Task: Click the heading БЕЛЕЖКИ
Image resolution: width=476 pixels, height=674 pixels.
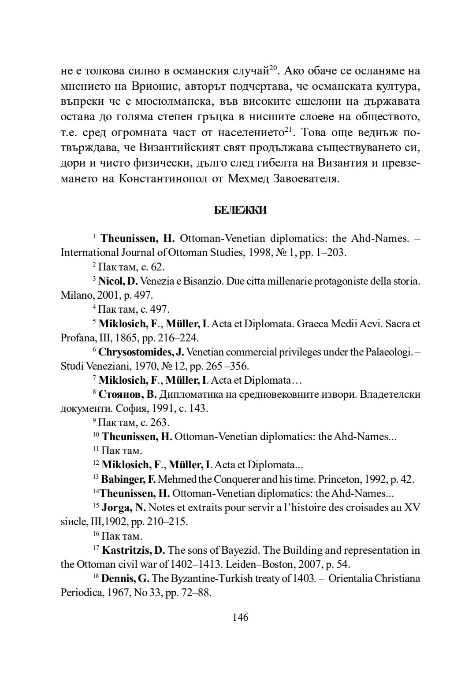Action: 240,211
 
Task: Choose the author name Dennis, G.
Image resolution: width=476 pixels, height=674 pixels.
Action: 125,578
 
